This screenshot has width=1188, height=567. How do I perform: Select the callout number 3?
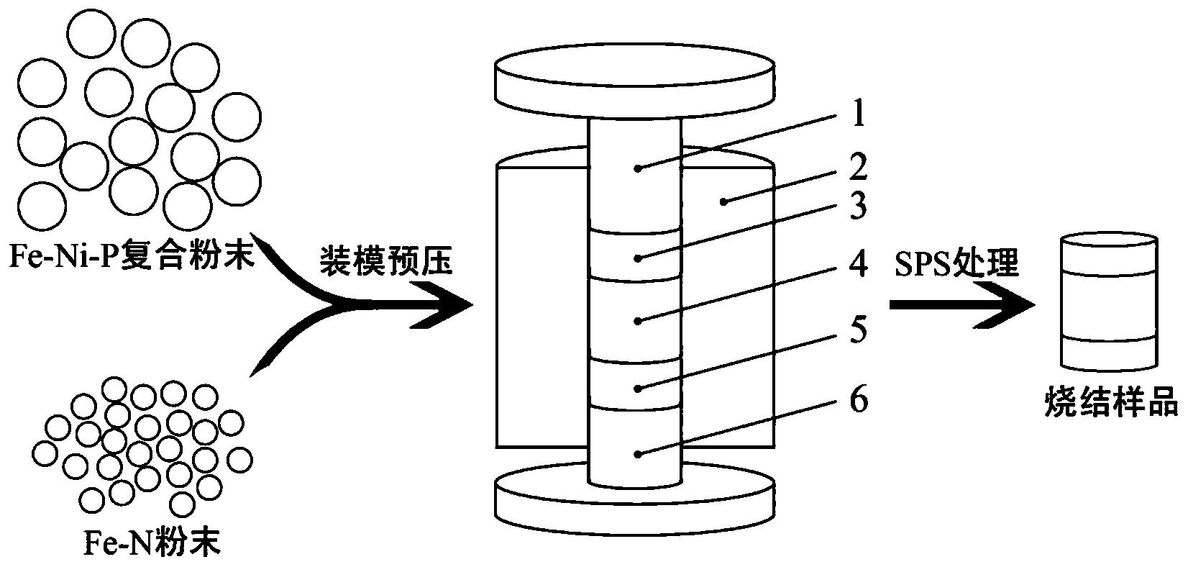858,206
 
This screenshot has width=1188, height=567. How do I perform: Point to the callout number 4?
858,263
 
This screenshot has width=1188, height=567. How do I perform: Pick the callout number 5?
858,329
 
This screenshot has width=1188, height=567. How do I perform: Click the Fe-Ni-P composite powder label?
132,256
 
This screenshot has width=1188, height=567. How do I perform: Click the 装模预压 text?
386,260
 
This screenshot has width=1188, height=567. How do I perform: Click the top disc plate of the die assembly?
634,80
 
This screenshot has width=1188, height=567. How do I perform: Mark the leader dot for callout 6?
639,455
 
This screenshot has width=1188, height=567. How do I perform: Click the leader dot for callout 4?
639,321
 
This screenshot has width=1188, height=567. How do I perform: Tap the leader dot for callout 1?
639,169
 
